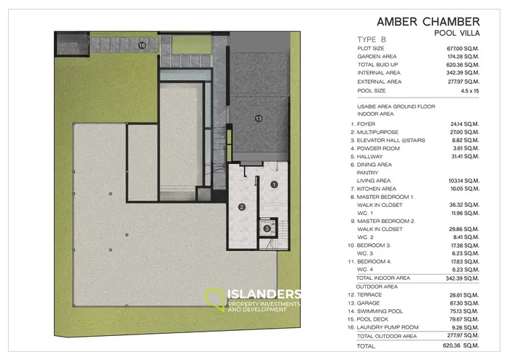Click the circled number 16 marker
(142, 45)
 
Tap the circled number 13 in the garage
(259, 118)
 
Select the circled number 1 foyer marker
(274, 184)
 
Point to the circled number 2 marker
(242, 207)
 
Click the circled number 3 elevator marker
(267, 229)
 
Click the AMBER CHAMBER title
(428, 22)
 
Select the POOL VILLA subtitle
(457, 34)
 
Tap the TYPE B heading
(372, 39)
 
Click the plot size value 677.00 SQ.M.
(463, 48)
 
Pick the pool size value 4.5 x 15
(470, 91)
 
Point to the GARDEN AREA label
(377, 57)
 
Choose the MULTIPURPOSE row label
(377, 133)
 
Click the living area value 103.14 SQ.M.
(464, 181)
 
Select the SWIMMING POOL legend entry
(380, 311)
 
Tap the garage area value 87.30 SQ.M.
(464, 303)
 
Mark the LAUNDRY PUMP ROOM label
(388, 327)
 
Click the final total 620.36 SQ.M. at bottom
(460, 345)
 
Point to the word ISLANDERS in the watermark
(264, 294)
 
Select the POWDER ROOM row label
(378, 149)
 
